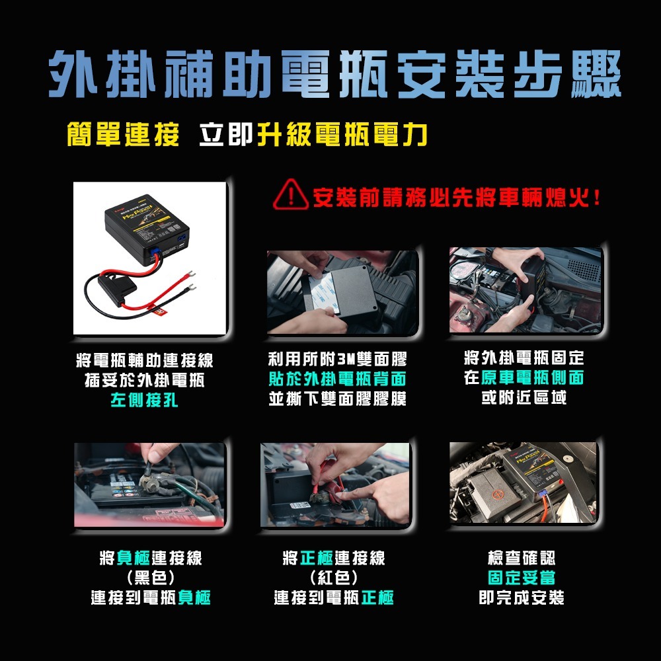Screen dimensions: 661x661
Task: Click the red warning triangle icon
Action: click(x=288, y=197)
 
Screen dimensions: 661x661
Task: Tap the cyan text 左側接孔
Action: click(x=144, y=401)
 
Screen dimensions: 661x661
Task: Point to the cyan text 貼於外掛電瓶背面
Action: click(x=337, y=379)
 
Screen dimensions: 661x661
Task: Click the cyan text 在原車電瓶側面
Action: click(x=524, y=379)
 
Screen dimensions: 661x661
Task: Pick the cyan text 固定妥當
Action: click(x=521, y=578)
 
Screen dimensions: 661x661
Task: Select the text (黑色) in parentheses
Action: click(x=150, y=578)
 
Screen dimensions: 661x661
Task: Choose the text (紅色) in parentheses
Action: click(x=334, y=578)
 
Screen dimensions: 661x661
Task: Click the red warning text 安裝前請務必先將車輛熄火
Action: click(x=456, y=197)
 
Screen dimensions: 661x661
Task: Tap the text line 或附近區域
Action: click(x=524, y=399)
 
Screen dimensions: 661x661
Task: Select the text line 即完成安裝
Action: click(x=521, y=598)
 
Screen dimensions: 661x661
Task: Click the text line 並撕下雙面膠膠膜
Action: click(x=337, y=399)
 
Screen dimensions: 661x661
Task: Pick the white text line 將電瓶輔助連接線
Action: click(x=145, y=361)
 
